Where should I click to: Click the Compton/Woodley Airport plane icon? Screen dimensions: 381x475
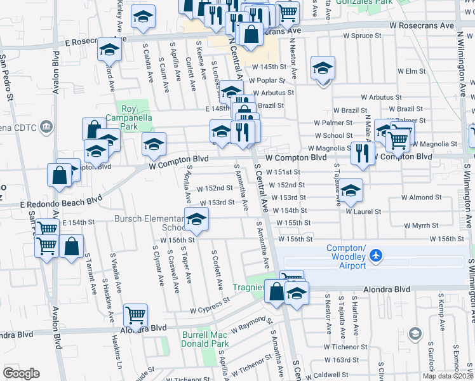coord(377,255)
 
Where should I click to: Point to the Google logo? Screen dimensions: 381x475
coord(21,373)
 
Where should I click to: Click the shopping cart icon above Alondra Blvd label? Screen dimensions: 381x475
coord(135,314)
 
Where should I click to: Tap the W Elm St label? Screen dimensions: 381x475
coord(411,71)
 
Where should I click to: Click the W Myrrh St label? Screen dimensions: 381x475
coord(421,225)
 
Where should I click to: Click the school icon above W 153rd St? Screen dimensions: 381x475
coord(350,190)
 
